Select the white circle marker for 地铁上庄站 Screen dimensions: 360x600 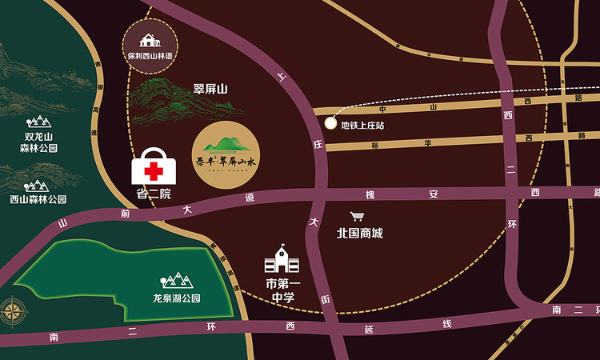[x=331, y=122]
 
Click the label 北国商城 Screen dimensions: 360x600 [x=359, y=234]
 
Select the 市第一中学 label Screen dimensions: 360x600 [x=280, y=291]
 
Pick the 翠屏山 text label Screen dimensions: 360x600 [x=211, y=90]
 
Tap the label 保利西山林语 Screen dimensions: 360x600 [x=150, y=55]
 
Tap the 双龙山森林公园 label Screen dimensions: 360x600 [x=38, y=142]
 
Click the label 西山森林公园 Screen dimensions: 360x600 [x=38, y=199]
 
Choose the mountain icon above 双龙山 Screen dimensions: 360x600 [x=38, y=121]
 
